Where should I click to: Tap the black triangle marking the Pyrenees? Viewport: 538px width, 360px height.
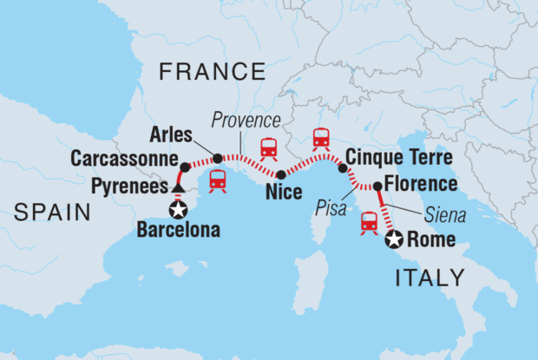[177, 187]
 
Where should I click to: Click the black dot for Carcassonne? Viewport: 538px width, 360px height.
[185, 166]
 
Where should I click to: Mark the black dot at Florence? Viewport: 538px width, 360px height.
[377, 187]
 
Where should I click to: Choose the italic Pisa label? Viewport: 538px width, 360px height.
[330, 208]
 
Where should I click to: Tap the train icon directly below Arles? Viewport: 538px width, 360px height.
[218, 180]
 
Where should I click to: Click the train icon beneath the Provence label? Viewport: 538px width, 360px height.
[268, 148]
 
